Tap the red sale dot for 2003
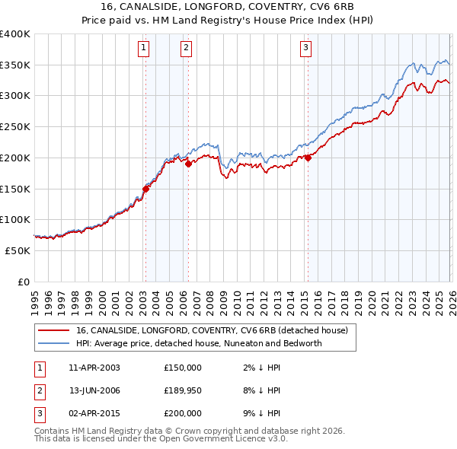tap(145, 188)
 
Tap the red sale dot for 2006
tap(188, 163)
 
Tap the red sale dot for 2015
tap(308, 158)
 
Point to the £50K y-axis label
tap(18, 250)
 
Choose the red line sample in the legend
tap(54, 330)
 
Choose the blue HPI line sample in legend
tap(54, 343)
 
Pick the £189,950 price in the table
tap(183, 390)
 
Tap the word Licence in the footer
tap(231, 438)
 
